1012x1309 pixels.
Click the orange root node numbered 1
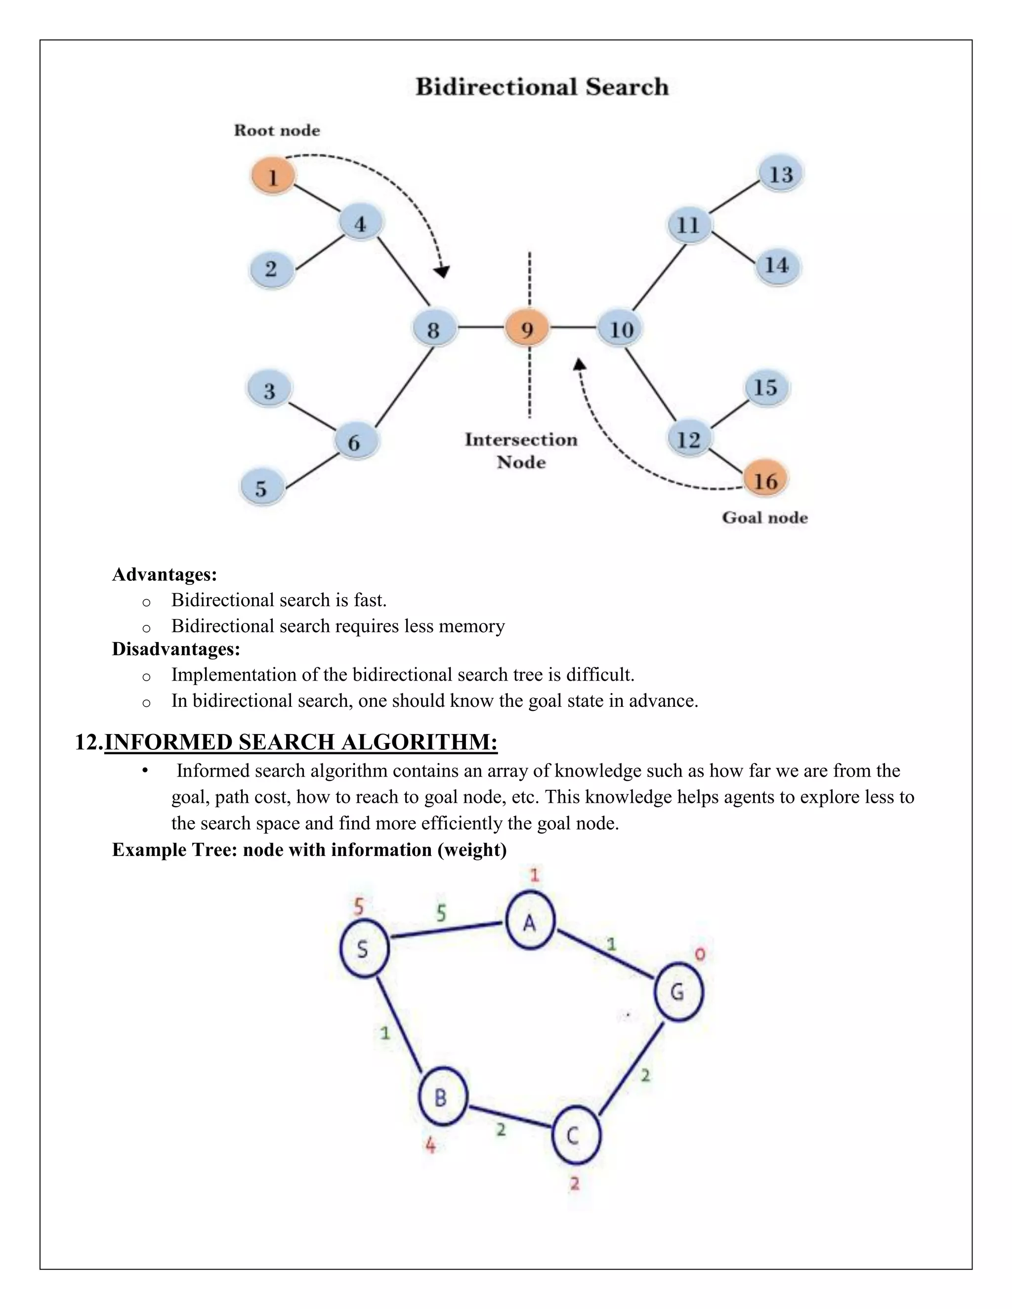pos(273,177)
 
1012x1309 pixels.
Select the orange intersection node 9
pos(527,329)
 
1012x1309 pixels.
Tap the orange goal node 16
pos(765,480)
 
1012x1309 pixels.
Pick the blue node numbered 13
pos(781,174)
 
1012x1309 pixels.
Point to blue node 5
pos(261,488)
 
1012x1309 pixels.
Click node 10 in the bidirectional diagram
pos(621,329)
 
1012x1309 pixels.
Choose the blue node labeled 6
pos(355,442)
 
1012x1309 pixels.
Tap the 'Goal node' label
pos(764,517)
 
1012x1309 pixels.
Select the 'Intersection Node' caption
pos(521,450)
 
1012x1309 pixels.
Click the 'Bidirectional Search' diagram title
pos(542,87)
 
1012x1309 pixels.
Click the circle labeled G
pos(677,992)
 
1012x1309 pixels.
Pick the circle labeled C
pos(574,1135)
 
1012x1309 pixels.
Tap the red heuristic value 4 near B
pos(430,1145)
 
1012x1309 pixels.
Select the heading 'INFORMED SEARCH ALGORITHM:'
pos(300,742)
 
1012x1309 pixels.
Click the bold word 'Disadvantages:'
pos(175,649)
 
